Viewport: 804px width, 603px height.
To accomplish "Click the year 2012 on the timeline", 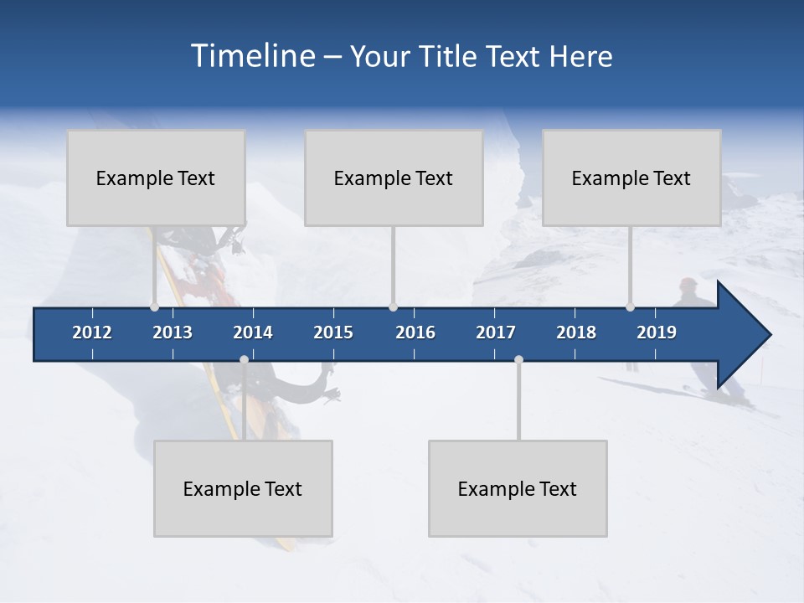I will point(92,332).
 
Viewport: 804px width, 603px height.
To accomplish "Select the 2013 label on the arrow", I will point(173,332).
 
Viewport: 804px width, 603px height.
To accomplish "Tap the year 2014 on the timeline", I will point(253,332).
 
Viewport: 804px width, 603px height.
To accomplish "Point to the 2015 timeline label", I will point(333,332).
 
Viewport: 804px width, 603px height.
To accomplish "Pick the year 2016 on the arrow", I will point(415,332).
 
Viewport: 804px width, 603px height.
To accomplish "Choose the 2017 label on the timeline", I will point(496,332).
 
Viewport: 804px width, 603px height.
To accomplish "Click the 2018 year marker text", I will point(576,332).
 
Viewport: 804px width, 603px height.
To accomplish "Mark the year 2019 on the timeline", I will point(657,332).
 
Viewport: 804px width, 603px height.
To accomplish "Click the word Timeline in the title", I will point(251,56).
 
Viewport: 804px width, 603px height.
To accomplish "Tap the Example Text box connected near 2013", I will point(156,178).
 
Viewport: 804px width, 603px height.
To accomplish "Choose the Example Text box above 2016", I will point(394,178).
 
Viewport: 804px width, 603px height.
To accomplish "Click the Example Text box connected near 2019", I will point(631,178).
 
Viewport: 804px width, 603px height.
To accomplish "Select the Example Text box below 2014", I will point(243,488).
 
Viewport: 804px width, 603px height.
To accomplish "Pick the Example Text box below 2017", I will point(518,488).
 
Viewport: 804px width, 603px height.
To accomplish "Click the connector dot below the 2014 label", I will point(244,360).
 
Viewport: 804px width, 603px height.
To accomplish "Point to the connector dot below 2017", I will point(518,360).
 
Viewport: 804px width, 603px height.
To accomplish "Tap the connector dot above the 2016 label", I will point(393,307).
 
